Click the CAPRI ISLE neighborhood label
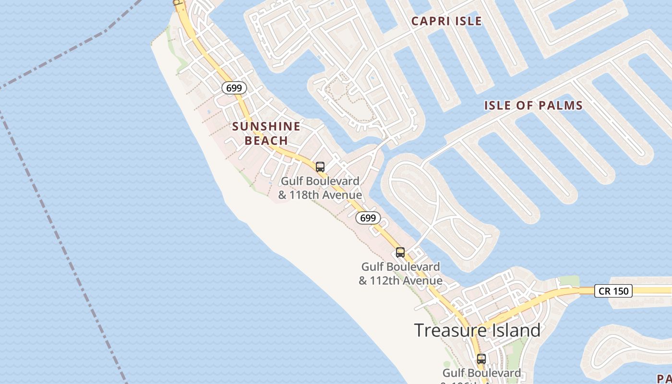coord(446,21)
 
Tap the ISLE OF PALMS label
coord(533,106)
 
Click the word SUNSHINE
coord(266,127)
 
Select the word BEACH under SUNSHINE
coord(266,141)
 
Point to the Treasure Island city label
coord(477,331)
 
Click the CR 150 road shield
coord(613,290)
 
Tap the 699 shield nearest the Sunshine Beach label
coord(234,88)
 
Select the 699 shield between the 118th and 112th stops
coord(368,218)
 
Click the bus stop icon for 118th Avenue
coord(320,167)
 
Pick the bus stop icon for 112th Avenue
coord(400,252)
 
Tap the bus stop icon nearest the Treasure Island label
coord(481,359)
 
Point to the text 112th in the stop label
coord(386,280)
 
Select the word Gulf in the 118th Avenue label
coord(291,181)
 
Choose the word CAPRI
coord(429,21)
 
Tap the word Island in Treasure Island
coord(515,331)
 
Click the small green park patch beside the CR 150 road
coord(569,281)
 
